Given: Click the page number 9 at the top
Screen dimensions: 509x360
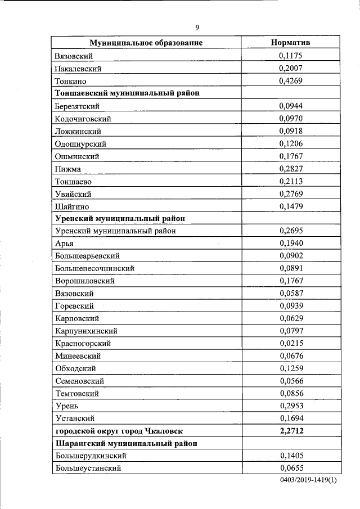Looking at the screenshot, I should pyautogui.click(x=197, y=28).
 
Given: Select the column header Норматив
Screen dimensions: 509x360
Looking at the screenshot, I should pyautogui.click(x=290, y=43).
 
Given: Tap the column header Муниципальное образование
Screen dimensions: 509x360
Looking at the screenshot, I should pyautogui.click(x=146, y=43).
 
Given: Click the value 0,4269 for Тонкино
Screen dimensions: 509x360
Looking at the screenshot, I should pyautogui.click(x=290, y=80).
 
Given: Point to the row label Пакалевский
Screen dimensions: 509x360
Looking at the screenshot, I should pyautogui.click(x=78, y=68).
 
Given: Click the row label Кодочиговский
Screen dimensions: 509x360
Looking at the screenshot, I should pyautogui.click(x=83, y=119).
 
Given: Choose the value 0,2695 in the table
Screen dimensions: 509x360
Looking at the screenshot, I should pyautogui.click(x=290, y=231).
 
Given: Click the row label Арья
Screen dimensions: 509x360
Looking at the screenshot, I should pyautogui.click(x=65, y=243).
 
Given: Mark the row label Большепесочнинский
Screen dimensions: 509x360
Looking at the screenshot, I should pyautogui.click(x=94, y=268).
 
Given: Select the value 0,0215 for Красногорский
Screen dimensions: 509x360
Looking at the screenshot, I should pyautogui.click(x=290, y=343).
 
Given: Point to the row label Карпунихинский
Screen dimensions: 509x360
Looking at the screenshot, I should pyautogui.click(x=86, y=331).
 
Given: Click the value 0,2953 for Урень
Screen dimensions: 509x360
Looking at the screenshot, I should pyautogui.click(x=290, y=406).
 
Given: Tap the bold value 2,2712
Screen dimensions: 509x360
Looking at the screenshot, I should pyautogui.click(x=290, y=430).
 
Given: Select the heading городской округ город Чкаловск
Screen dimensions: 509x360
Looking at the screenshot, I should pyautogui.click(x=119, y=430).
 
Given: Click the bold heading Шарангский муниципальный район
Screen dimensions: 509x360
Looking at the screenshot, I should pyautogui.click(x=127, y=443).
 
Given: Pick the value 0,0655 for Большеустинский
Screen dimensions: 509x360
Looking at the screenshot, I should pyautogui.click(x=290, y=468).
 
